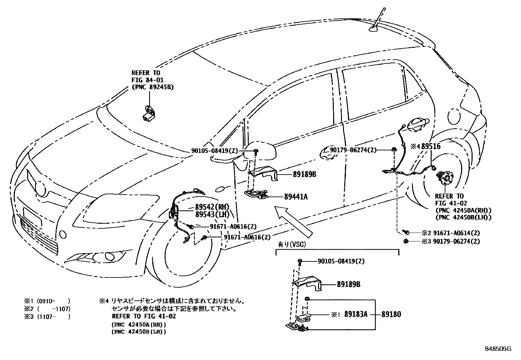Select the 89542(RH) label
(x=212, y=207)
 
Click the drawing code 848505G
(x=498, y=349)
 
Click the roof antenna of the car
(x=376, y=23)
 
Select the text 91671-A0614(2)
(x=456, y=233)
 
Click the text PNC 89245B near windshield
(x=153, y=87)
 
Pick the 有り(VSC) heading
(x=289, y=244)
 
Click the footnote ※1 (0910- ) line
(x=47, y=301)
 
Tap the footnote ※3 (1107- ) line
(x=47, y=316)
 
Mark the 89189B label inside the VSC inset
(x=349, y=284)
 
